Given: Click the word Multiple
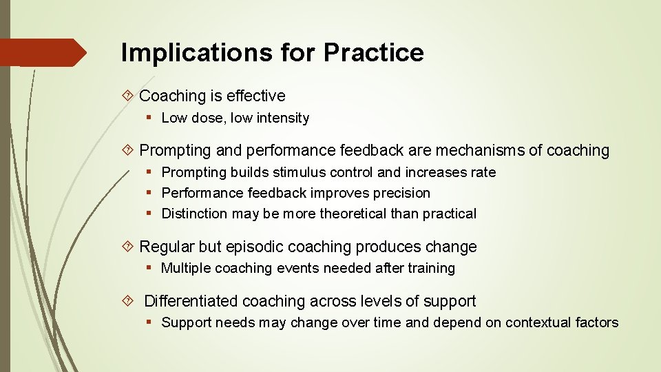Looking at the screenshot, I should click(186, 268).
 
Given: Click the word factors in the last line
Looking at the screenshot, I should click(596, 322).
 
